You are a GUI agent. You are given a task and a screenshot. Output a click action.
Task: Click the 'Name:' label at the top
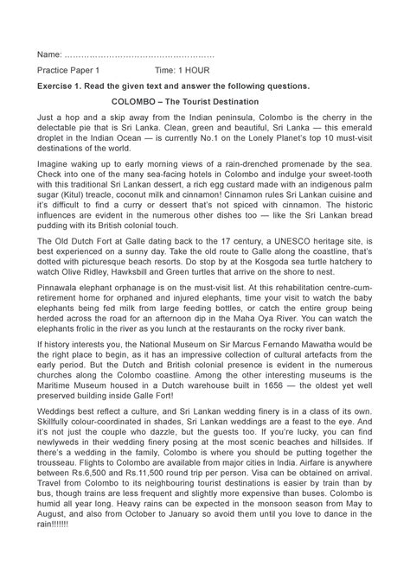click(49, 54)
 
